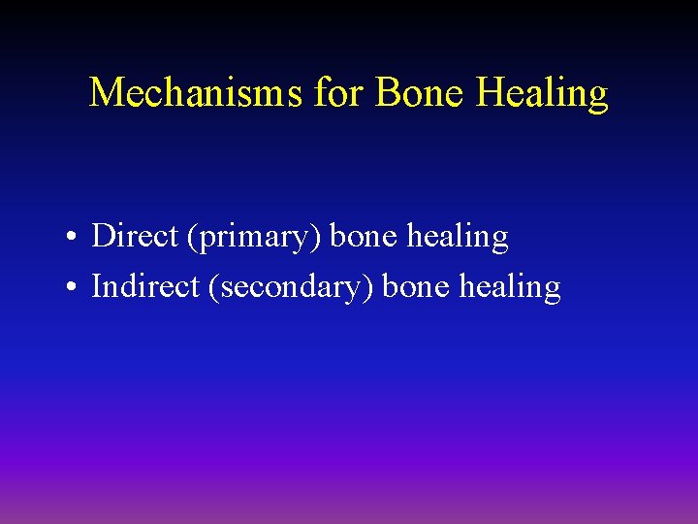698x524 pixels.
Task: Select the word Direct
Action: [x=135, y=236]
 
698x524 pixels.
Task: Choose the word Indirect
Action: [x=144, y=286]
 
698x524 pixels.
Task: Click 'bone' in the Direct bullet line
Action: [x=366, y=236]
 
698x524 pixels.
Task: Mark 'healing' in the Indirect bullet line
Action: [x=511, y=288]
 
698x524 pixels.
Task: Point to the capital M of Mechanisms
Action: [x=106, y=93]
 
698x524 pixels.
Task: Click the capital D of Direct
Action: [x=103, y=236]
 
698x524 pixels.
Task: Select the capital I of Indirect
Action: [x=96, y=286]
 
